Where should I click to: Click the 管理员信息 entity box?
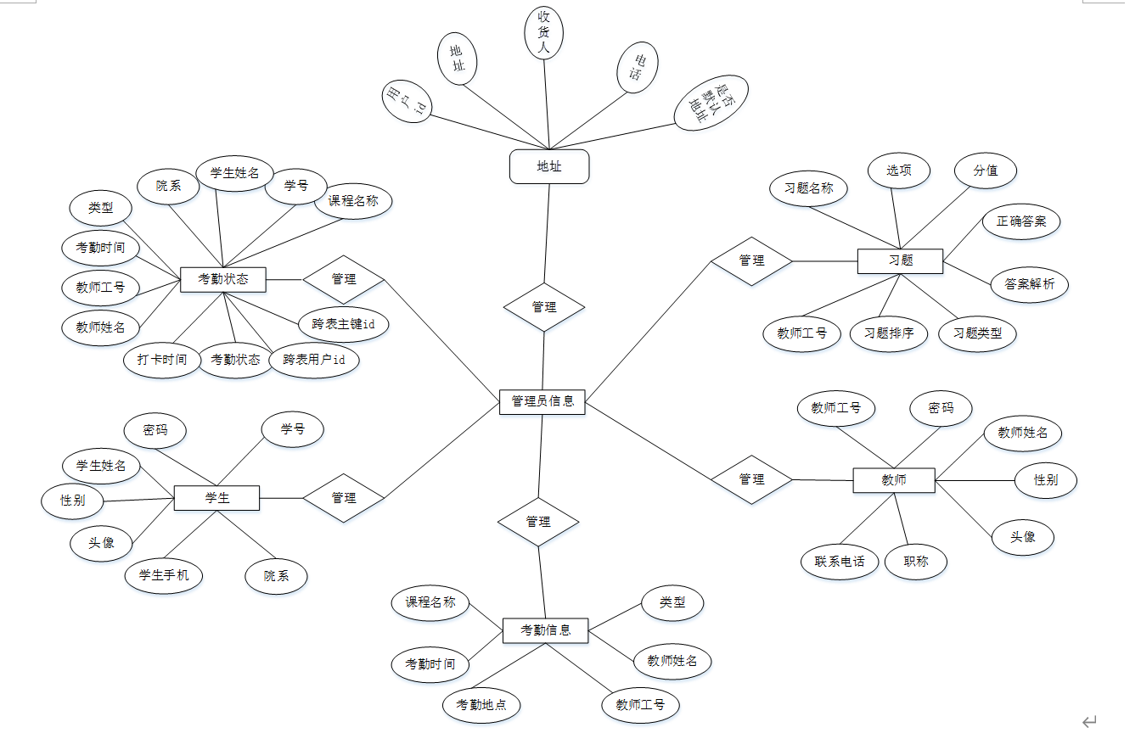click(542, 401)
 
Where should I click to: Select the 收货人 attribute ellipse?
click(544, 33)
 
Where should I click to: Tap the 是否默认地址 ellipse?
click(711, 103)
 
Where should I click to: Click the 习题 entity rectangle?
click(900, 260)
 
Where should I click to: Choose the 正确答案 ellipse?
click(1021, 221)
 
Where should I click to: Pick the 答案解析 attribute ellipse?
click(1029, 284)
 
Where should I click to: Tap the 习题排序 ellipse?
click(889, 333)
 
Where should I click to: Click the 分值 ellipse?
click(986, 171)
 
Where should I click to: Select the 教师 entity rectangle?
click(893, 480)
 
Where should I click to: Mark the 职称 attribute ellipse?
click(915, 562)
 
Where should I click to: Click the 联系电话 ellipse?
click(840, 562)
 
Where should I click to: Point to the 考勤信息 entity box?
click(545, 630)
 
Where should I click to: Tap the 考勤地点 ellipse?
click(481, 705)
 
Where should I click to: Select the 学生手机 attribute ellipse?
click(164, 576)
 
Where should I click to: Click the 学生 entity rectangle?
click(216, 498)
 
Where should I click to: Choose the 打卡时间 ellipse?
click(161, 360)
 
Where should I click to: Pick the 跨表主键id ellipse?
click(343, 324)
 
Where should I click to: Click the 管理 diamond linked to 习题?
click(751, 261)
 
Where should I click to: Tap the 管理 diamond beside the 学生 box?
click(344, 498)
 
